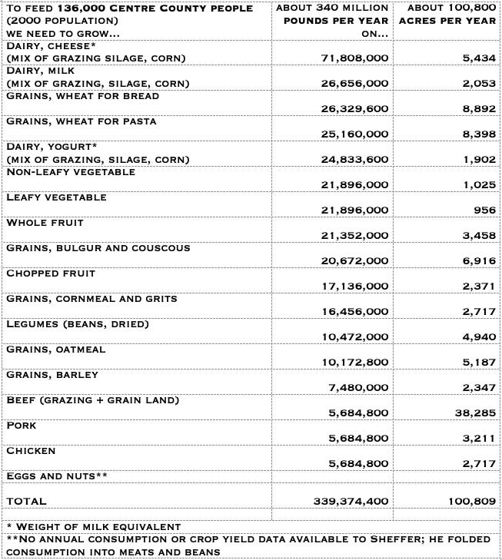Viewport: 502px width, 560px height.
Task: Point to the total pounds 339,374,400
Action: point(351,501)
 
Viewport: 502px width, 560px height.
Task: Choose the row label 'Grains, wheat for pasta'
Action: point(81,121)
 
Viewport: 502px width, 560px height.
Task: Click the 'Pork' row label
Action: point(21,426)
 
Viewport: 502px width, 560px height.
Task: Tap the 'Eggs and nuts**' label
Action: point(56,476)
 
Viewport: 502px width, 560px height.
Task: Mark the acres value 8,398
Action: point(477,134)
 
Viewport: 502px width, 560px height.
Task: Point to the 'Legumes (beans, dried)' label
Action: point(78,324)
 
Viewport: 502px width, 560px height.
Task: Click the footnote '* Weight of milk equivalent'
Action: point(93,527)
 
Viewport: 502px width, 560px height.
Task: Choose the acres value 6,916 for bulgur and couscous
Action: point(477,260)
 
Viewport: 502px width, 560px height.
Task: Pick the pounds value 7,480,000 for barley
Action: point(358,387)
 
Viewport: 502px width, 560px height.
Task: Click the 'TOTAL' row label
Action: point(26,501)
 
